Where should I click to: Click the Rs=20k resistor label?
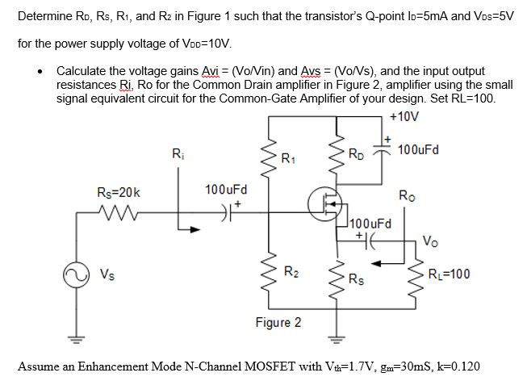pyautogui.click(x=118, y=193)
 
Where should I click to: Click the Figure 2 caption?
pyautogui.click(x=278, y=323)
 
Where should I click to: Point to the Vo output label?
pyautogui.click(x=431, y=240)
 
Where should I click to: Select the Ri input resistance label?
pyautogui.click(x=178, y=153)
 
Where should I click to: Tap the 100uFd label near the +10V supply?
pyautogui.click(x=425, y=150)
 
